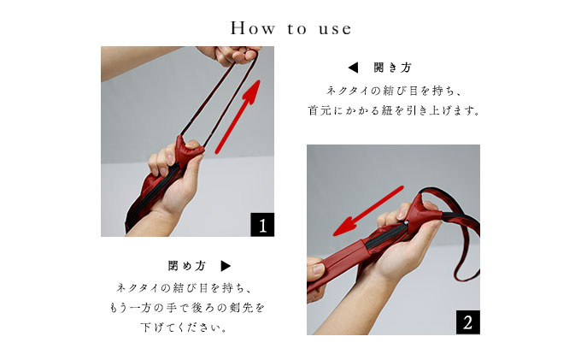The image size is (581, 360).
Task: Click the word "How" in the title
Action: click(253, 28)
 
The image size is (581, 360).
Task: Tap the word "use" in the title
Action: click(335, 29)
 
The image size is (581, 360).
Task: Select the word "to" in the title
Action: click(296, 29)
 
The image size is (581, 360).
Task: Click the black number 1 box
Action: click(262, 225)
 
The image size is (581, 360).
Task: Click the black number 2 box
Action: click(467, 322)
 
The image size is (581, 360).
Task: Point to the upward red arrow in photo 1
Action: click(238, 116)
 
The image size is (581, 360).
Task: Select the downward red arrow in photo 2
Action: click(368, 211)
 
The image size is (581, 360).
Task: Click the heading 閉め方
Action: click(187, 266)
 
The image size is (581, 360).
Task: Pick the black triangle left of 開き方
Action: click(353, 68)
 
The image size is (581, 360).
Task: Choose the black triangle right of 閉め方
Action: click(226, 266)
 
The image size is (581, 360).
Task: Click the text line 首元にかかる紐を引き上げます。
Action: click(394, 110)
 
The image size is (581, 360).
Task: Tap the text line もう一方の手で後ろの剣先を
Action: click(187, 308)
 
